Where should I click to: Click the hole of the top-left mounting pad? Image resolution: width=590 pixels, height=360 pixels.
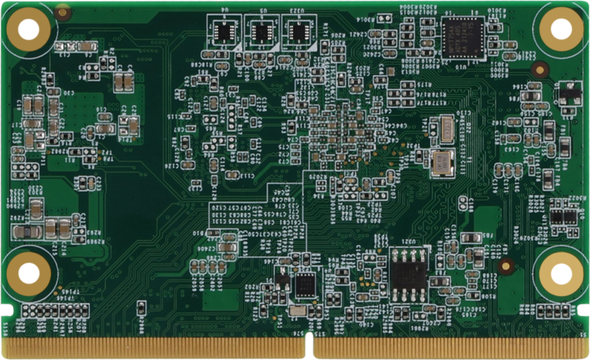point(28,30)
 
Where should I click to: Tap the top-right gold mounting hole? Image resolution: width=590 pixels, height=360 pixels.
point(562,28)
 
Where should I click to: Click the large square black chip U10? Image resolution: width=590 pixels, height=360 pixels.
point(462,36)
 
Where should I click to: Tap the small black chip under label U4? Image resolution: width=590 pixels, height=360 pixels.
point(223,32)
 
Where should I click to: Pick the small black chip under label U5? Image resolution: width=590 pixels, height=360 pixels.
point(261,32)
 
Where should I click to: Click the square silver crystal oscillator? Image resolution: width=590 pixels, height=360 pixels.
point(442,162)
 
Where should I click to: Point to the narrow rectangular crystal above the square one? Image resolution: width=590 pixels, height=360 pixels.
point(442,129)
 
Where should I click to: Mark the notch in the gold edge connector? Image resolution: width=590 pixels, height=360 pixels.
point(311,346)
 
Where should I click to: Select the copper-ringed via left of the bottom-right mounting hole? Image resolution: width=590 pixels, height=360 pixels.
point(505,266)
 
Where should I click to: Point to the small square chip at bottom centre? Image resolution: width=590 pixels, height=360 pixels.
point(305,284)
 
